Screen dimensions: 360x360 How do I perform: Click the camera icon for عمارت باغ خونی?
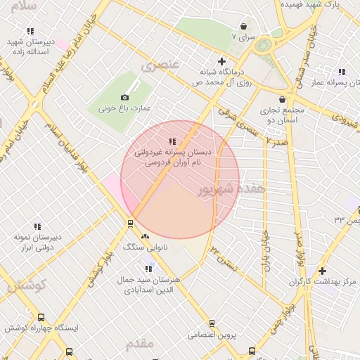(x=125, y=97)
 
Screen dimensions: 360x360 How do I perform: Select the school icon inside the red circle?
(x=172, y=142)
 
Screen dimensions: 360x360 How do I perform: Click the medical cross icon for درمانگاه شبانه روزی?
(x=222, y=61)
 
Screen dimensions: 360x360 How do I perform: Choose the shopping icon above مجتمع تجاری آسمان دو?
(x=283, y=100)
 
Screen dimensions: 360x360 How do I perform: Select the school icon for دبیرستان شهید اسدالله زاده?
(x=30, y=32)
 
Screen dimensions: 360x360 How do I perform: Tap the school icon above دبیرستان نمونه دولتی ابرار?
(x=37, y=226)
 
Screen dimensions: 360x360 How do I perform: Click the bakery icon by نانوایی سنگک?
(x=146, y=237)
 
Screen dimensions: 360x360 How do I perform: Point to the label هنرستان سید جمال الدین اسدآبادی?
(x=150, y=284)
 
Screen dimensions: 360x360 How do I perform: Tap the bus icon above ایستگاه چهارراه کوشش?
(x=41, y=318)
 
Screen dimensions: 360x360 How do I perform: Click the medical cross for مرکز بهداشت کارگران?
(x=322, y=271)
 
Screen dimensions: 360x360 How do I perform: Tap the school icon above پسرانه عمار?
(x=342, y=72)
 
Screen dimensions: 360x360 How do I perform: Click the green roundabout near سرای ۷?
(x=263, y=46)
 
